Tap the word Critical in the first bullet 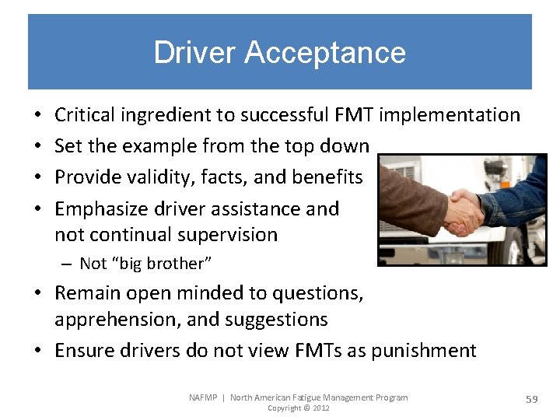click(x=85, y=115)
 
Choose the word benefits click(x=327, y=177)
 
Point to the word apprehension click(x=114, y=320)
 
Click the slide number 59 click(x=532, y=399)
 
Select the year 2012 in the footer click(x=320, y=408)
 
